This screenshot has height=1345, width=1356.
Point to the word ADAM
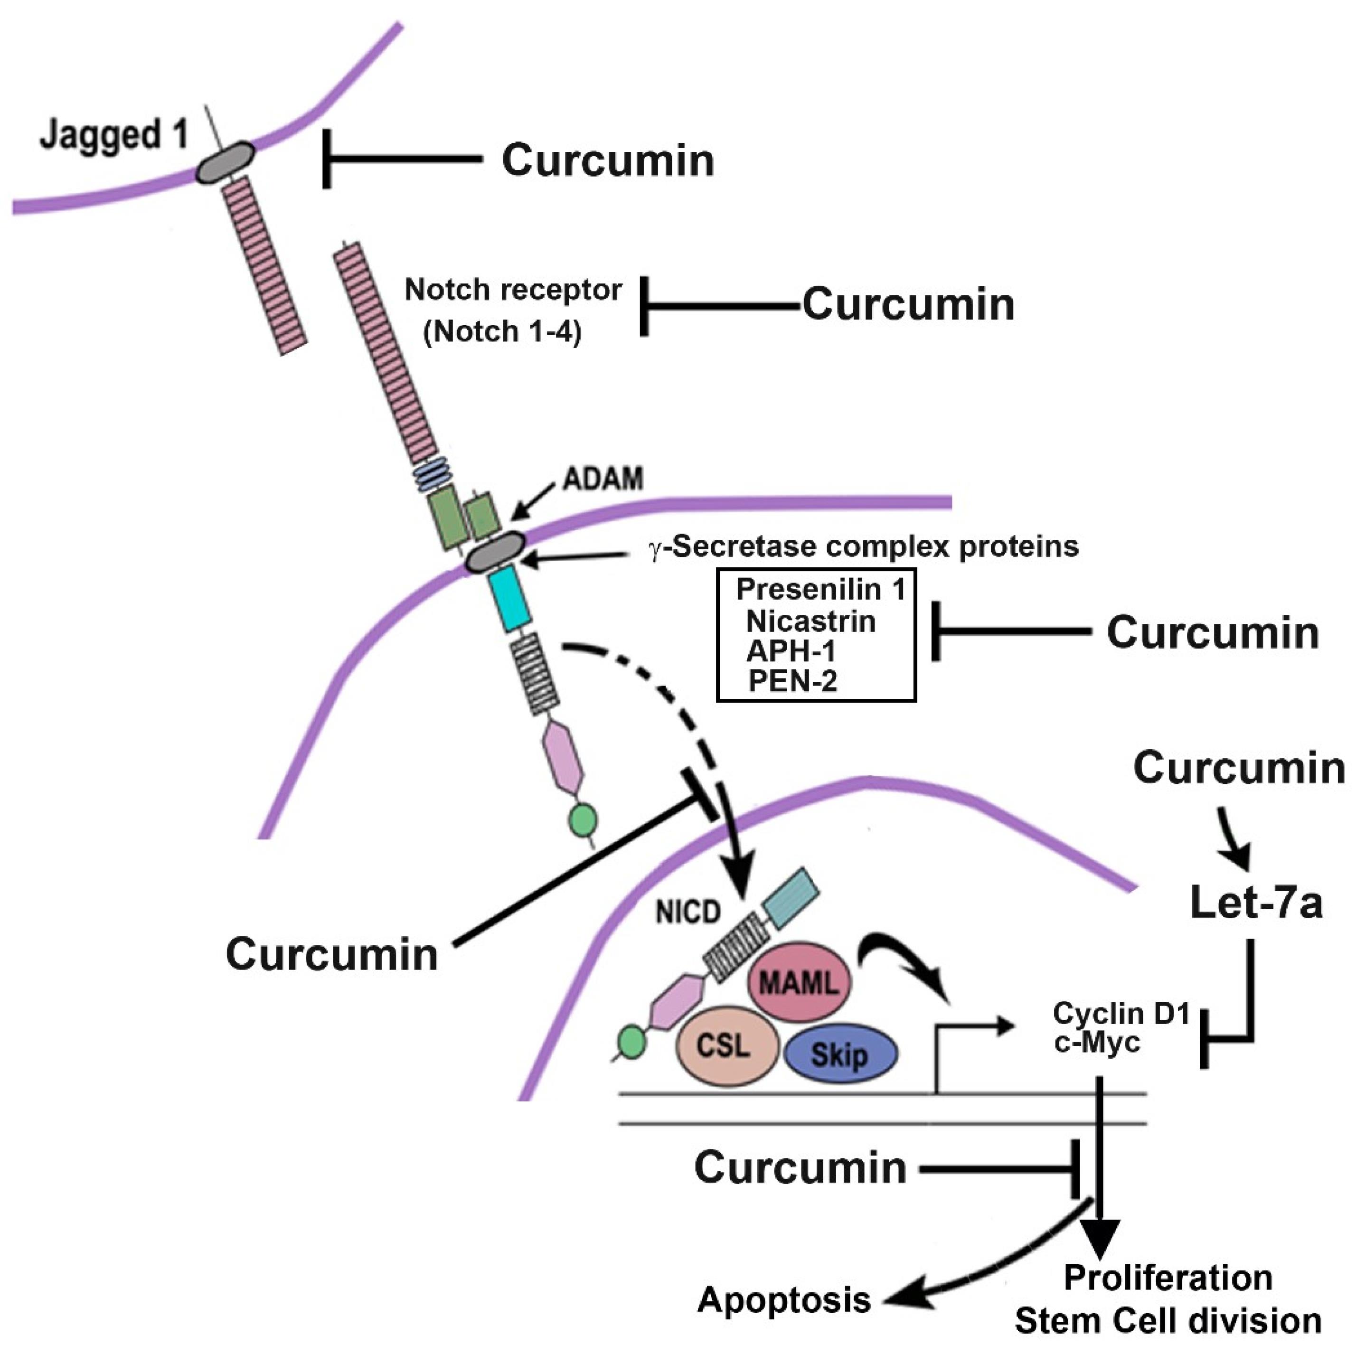[x=603, y=479]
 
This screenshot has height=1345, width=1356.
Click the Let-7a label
[x=1256, y=903]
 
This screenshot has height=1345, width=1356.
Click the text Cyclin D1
[x=1121, y=1014]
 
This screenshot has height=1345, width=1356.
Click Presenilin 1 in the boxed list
[x=820, y=590]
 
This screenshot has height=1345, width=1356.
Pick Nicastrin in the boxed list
[x=810, y=621]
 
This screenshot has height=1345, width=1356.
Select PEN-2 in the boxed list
[x=793, y=680]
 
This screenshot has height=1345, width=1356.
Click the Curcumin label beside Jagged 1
[x=608, y=160]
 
